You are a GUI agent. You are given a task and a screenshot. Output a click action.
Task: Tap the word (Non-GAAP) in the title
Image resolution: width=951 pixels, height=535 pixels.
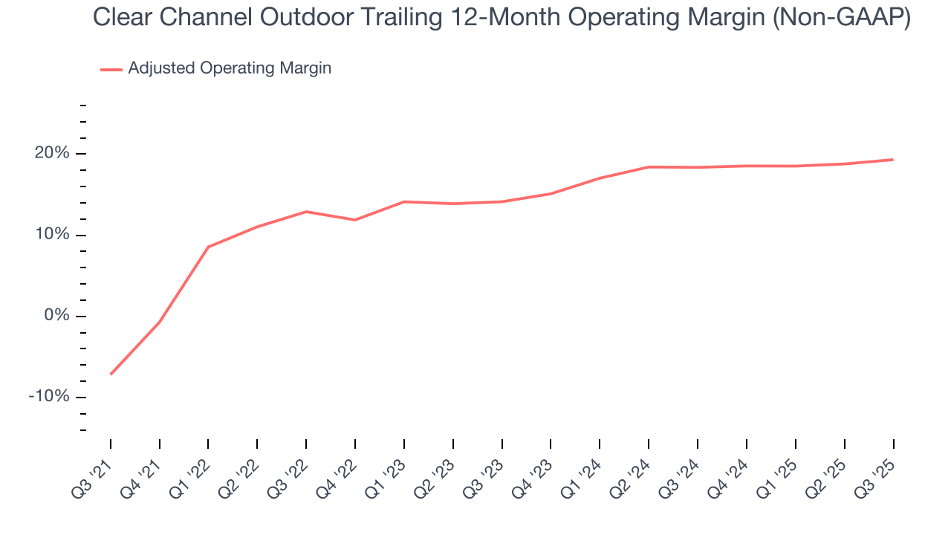(x=842, y=18)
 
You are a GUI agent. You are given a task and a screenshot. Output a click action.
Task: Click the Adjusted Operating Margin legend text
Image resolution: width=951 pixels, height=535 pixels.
(x=230, y=68)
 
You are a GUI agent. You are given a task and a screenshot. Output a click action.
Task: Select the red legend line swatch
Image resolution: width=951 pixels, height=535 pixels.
(x=111, y=69)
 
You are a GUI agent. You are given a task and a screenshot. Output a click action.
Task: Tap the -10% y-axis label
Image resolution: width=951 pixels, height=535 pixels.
(x=50, y=397)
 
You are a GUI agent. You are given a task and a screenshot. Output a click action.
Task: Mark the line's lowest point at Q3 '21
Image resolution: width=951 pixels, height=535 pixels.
(x=111, y=374)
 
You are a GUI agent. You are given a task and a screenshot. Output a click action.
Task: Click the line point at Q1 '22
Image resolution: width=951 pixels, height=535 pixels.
(x=208, y=247)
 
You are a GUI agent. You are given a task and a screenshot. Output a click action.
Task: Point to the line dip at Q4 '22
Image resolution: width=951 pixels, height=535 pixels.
(x=355, y=220)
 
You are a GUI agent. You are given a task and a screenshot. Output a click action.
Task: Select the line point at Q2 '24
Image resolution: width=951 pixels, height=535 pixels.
(x=649, y=167)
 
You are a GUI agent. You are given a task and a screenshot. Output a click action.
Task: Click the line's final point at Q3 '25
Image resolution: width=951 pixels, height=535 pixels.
(x=893, y=160)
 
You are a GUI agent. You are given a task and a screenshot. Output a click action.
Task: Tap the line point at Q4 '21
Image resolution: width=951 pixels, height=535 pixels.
(x=159, y=322)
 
